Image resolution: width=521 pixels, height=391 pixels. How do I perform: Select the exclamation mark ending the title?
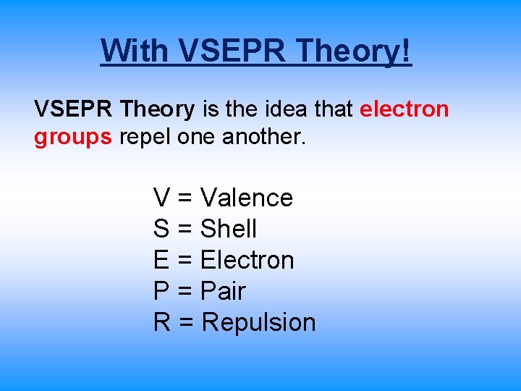click(x=406, y=50)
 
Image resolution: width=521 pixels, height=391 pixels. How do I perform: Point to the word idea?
click(x=287, y=109)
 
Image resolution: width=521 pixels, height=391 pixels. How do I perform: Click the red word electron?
click(x=404, y=109)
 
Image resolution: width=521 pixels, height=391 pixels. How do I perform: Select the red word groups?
click(x=72, y=138)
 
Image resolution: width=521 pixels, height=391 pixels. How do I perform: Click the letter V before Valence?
click(x=161, y=198)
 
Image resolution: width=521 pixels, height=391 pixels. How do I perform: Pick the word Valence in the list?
click(x=246, y=198)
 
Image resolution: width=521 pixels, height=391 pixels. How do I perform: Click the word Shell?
click(x=228, y=229)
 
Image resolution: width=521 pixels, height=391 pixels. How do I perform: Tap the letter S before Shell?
click(x=161, y=229)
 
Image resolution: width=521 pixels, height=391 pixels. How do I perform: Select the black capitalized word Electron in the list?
click(x=247, y=260)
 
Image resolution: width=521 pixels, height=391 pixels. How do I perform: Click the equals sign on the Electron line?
click(x=185, y=261)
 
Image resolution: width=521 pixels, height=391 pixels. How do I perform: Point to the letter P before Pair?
click(x=161, y=291)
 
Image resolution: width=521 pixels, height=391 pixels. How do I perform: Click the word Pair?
click(x=223, y=291)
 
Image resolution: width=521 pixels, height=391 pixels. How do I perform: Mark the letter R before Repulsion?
click(x=162, y=322)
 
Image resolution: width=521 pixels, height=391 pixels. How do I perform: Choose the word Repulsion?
click(x=258, y=323)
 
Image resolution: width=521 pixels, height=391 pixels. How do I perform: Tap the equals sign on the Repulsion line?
click(x=187, y=323)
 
